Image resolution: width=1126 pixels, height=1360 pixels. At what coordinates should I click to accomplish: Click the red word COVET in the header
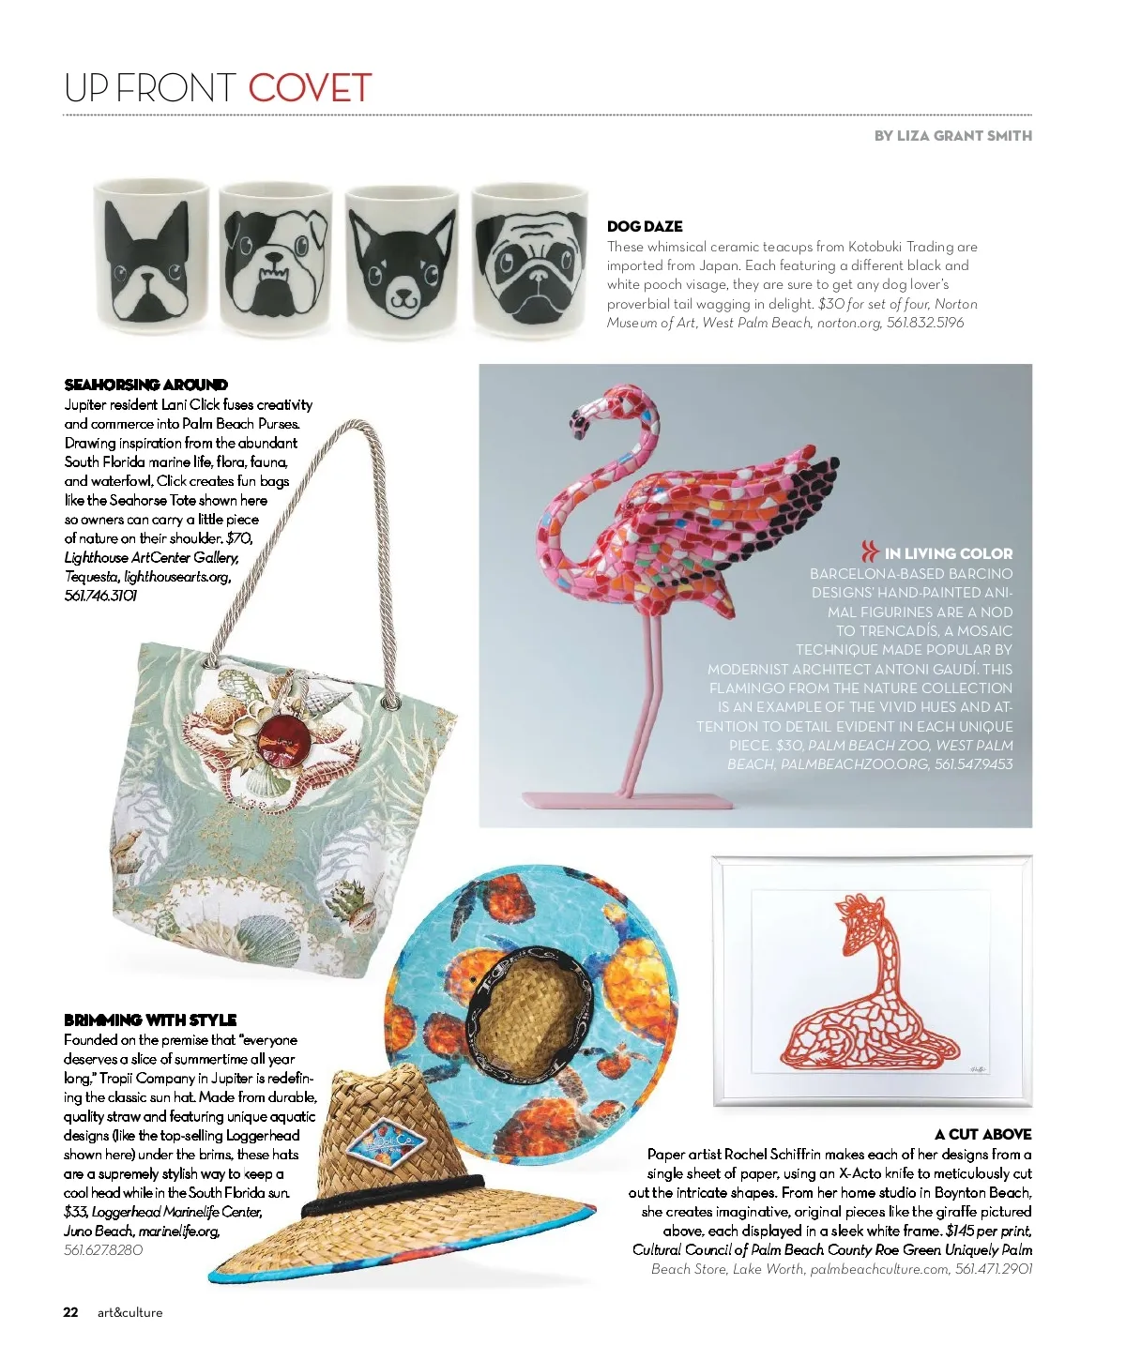point(310,89)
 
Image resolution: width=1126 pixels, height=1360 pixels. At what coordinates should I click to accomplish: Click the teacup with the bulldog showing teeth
point(276,260)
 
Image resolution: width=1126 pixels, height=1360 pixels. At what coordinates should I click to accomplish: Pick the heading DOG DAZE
point(645,226)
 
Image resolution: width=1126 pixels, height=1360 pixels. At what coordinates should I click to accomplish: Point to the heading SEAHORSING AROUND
point(146,385)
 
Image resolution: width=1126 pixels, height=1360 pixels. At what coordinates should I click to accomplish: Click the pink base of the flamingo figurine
point(626,800)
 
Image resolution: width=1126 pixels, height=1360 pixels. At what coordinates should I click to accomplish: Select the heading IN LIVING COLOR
point(948,553)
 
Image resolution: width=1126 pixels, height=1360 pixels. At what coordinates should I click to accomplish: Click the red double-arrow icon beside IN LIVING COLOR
point(870,552)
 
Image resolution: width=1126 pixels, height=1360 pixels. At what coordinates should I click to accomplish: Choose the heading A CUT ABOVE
point(982,1134)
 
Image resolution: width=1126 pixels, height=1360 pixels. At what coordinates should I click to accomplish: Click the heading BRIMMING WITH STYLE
point(150,1020)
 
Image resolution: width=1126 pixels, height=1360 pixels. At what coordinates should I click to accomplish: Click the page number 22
point(71,1312)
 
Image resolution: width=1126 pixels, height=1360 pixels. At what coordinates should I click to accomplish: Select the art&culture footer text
point(129,1312)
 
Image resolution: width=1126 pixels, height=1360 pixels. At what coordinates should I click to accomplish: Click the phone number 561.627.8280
point(103,1249)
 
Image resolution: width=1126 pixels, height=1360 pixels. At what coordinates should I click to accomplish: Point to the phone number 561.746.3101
point(100,596)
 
